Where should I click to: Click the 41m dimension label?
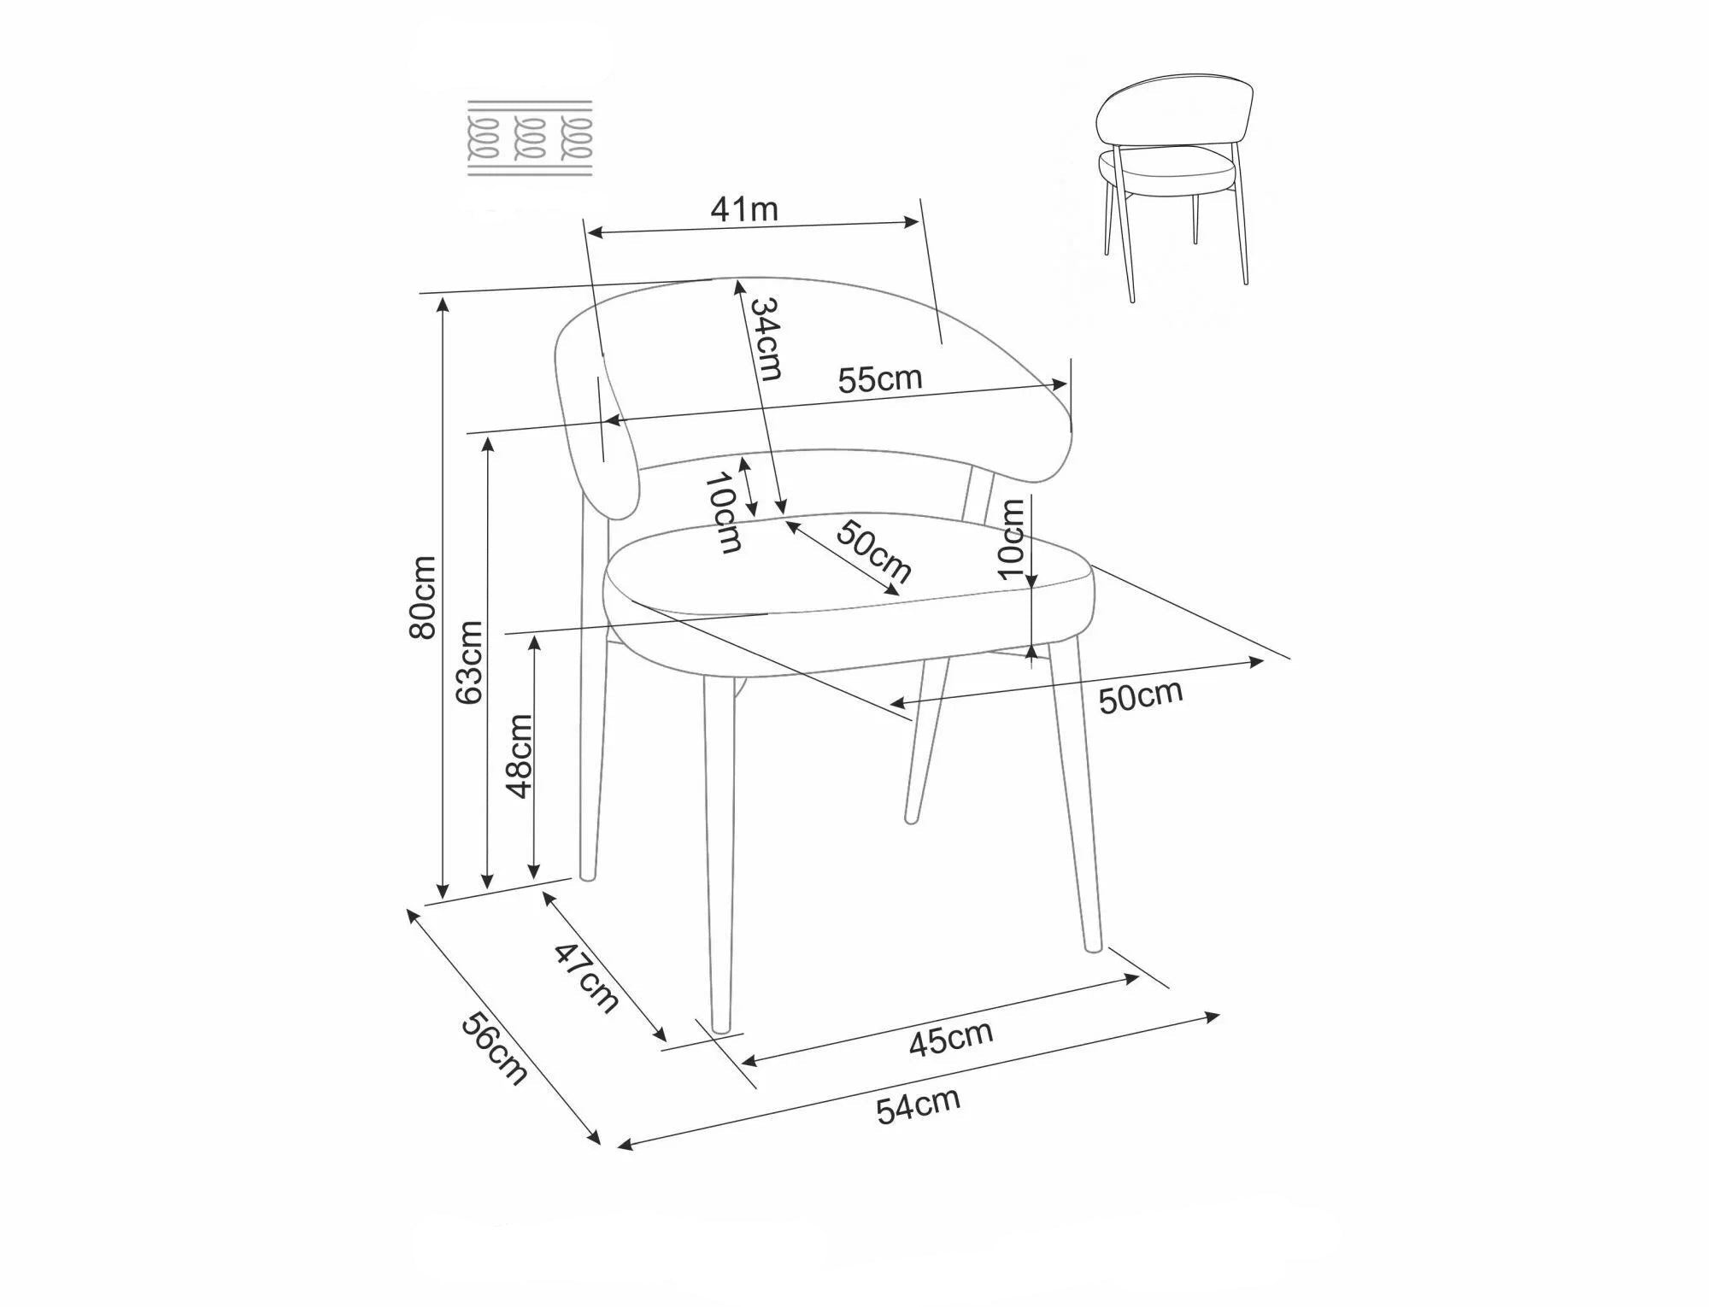744,209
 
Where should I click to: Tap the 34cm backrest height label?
766,339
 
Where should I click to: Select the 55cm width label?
880,378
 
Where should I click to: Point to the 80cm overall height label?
423,596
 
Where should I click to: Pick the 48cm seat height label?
520,756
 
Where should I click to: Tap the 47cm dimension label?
587,977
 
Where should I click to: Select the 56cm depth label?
494,1048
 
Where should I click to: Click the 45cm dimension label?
950,1038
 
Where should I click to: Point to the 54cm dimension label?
919,1105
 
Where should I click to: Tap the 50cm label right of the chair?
1141,696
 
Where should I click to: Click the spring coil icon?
530,139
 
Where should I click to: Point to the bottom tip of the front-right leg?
1093,947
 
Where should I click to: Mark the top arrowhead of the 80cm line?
443,302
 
